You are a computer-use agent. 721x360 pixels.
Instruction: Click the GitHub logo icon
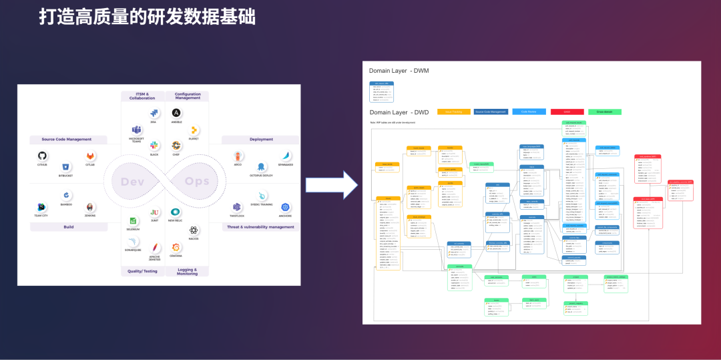43,156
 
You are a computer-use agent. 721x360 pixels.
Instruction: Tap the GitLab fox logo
89,156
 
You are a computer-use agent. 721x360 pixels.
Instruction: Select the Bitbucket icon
65,167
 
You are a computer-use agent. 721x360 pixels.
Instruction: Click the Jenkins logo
89,207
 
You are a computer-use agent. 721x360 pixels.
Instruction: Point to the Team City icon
42,207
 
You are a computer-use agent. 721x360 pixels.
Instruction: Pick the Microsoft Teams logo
137,130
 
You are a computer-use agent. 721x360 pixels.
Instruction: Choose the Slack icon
154,145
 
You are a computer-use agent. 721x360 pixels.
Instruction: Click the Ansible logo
176,113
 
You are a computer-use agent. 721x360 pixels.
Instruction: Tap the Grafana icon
176,247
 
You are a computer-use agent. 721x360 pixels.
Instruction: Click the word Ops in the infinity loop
197,182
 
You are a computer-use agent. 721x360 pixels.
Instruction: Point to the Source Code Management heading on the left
66,140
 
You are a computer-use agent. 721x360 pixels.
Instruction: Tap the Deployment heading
261,140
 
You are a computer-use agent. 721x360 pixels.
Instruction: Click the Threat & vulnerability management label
261,227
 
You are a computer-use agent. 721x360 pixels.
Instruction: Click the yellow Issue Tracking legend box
453,112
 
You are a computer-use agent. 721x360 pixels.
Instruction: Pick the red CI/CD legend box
567,112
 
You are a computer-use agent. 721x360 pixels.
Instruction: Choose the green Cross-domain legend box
605,112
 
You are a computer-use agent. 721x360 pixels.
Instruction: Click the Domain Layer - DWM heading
399,71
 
